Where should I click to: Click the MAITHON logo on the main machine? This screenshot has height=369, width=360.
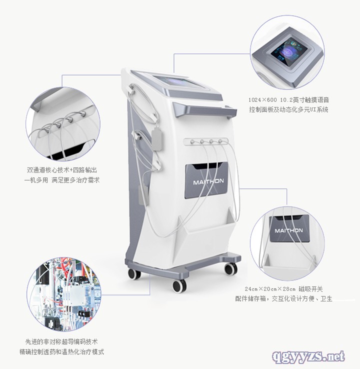[x=208, y=181]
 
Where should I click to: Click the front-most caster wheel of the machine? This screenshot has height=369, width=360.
[x=179, y=286]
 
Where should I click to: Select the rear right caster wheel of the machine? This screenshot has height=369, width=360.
[x=231, y=269]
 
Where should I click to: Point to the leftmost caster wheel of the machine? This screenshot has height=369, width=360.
[x=134, y=273]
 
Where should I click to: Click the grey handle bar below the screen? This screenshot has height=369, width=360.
[x=204, y=109]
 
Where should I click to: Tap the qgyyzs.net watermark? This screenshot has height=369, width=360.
[x=308, y=356]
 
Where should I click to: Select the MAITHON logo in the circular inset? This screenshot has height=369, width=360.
[x=288, y=230]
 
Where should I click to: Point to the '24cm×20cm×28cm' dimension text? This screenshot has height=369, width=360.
[x=270, y=289]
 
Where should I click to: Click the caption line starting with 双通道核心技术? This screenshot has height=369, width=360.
[x=62, y=170]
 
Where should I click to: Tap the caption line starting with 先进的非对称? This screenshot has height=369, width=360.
[x=61, y=341]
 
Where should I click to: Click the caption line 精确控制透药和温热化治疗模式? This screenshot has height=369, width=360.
[x=61, y=352]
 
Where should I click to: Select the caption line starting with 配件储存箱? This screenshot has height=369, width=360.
[x=283, y=299]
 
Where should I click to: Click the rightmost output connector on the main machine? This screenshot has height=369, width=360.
[x=220, y=141]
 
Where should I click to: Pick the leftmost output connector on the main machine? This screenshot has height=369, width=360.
[x=192, y=142]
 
